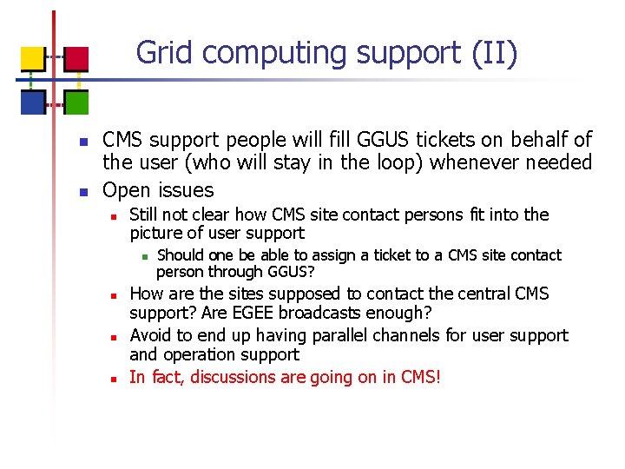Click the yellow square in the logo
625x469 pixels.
coord(32,58)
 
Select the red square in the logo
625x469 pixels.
coord(76,58)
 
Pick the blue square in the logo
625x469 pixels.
coord(32,102)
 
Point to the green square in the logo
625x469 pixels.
coord(76,102)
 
